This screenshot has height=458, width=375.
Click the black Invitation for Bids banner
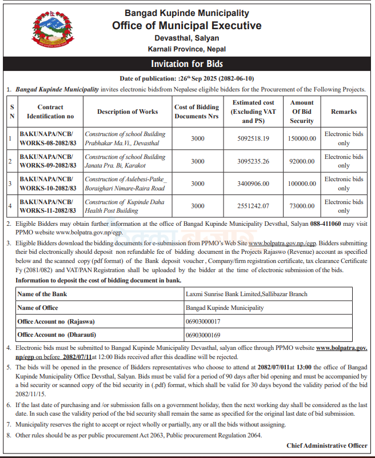point(187,63)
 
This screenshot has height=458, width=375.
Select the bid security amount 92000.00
point(302,161)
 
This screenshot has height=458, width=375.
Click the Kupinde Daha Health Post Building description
point(125,206)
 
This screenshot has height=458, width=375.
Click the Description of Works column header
point(127,112)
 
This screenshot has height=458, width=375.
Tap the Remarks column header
point(344,112)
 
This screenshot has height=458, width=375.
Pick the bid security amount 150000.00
point(302,138)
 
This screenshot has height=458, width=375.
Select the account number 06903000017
point(204,321)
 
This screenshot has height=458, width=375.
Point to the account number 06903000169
point(204,334)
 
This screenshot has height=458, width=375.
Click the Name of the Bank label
point(43,294)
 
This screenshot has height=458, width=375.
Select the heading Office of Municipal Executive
point(187,26)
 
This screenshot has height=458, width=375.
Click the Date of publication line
point(187,78)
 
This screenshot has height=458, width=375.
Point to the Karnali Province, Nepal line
point(187,49)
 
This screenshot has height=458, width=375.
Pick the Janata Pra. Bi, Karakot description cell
point(125,161)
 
